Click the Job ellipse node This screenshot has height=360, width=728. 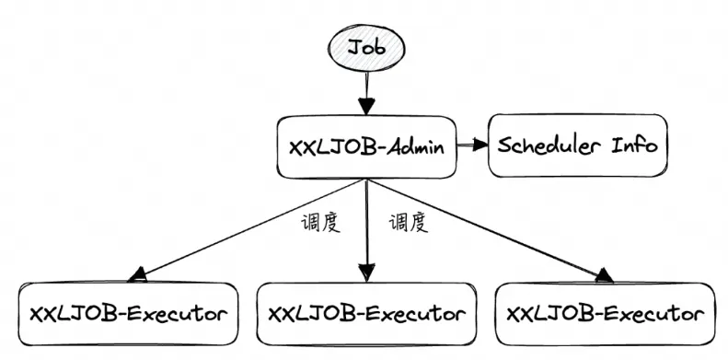tap(366, 46)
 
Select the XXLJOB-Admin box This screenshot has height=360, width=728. tap(367, 146)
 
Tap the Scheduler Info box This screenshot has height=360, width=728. tap(577, 145)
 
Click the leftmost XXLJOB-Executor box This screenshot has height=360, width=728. tap(126, 313)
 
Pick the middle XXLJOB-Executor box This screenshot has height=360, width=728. tap(366, 313)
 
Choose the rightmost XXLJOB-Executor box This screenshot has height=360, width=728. tap(606, 313)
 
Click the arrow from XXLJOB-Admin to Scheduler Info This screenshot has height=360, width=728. tap(472, 145)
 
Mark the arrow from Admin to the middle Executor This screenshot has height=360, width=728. tap(366, 230)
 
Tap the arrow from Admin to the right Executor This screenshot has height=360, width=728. tap(488, 227)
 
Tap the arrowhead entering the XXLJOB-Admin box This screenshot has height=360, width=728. tap(366, 105)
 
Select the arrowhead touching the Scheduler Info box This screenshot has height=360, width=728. tap(480, 145)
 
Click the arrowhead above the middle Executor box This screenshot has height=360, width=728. tap(366, 273)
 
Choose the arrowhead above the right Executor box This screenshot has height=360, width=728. tap(603, 274)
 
